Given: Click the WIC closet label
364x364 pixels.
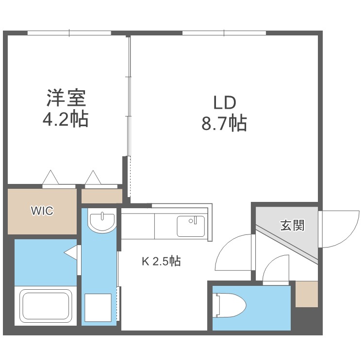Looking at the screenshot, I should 42,211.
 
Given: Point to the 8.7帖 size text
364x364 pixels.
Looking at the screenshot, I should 224,123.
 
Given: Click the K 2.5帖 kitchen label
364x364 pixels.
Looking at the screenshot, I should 161,262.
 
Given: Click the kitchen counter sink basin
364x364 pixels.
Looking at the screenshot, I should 190,226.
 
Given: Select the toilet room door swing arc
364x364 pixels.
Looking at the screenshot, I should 277,269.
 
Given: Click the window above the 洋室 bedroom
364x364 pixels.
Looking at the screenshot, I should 69,33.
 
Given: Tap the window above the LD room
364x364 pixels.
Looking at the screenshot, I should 224,33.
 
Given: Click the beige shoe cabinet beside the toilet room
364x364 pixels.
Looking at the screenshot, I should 306,294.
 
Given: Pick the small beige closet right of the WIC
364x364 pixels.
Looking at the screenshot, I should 101,196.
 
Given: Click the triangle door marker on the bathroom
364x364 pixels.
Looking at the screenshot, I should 72,252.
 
